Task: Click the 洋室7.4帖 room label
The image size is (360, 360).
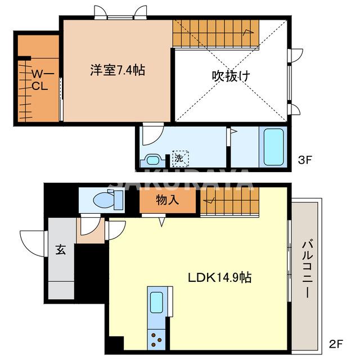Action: pos(118,71)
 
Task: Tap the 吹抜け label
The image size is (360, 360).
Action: pos(231,75)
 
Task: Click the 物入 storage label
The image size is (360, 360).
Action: pos(168,200)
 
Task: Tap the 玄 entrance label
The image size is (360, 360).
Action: pos(60,250)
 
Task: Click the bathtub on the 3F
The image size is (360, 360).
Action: pos(274,147)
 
